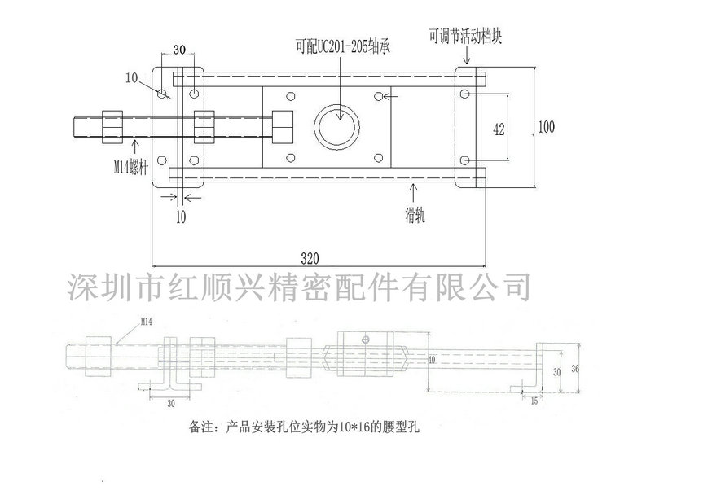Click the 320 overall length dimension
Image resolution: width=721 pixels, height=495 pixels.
pos(310,259)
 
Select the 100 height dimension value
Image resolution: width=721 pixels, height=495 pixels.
pos(547,126)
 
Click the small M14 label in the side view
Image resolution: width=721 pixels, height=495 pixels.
pos(147,322)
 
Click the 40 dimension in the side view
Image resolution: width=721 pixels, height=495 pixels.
pos(431,359)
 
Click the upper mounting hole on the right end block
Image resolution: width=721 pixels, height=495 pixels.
pos(464,95)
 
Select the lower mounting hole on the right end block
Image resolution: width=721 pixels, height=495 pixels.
pos(464,160)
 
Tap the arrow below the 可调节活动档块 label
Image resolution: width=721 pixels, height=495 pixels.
pos(468,56)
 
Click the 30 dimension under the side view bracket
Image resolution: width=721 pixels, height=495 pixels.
pos(171,402)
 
